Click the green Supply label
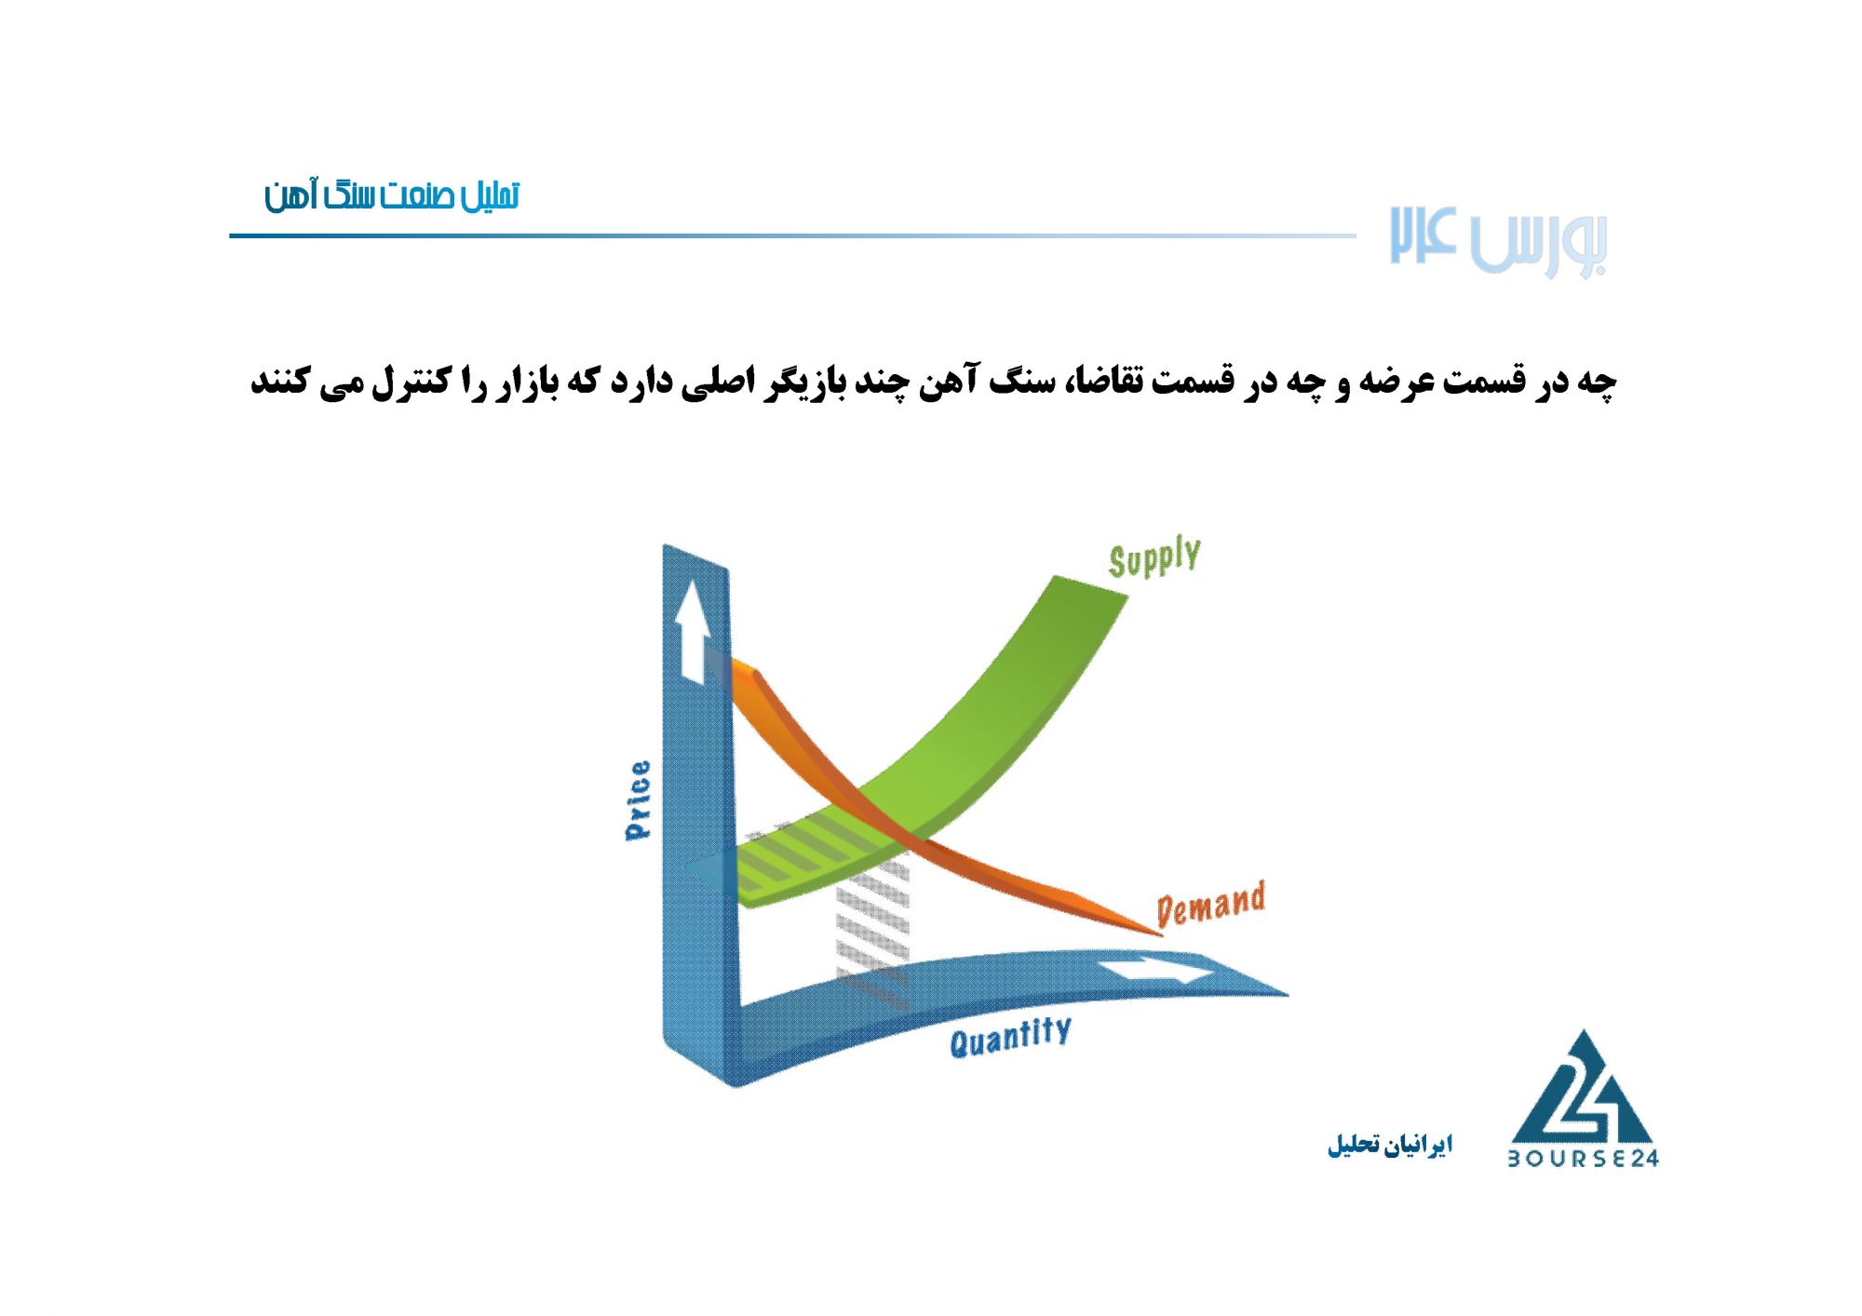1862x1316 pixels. [x=1154, y=557]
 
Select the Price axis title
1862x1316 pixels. [x=639, y=800]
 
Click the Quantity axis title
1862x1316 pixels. [x=1010, y=1037]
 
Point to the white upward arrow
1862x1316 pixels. [x=693, y=632]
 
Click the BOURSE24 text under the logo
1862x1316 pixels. [x=1584, y=1158]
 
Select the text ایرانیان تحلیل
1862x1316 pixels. [x=1390, y=1144]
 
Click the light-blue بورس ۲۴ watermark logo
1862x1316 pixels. [x=1499, y=241]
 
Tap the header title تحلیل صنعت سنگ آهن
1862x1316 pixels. [x=392, y=195]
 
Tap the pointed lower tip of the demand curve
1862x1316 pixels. [x=1161, y=933]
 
